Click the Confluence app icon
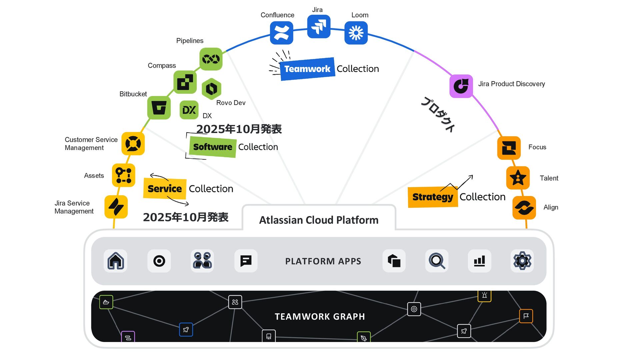point(281,33)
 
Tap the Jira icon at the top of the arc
point(319,26)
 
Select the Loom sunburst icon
point(356,33)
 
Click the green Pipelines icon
point(211,59)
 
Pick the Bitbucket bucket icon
point(159,108)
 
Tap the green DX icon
point(189,110)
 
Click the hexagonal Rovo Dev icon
point(211,89)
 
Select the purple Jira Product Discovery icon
point(461,86)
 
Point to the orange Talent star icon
point(518,178)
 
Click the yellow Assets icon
point(123,175)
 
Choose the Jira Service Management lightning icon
point(116,207)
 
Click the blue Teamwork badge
point(307,69)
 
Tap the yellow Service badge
point(165,189)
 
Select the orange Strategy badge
point(433,197)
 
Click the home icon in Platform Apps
point(115,261)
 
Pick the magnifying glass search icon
point(437,261)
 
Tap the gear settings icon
point(522,261)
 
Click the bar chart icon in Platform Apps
point(479,261)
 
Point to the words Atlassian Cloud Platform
point(319,220)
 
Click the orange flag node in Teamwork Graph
point(526,316)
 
